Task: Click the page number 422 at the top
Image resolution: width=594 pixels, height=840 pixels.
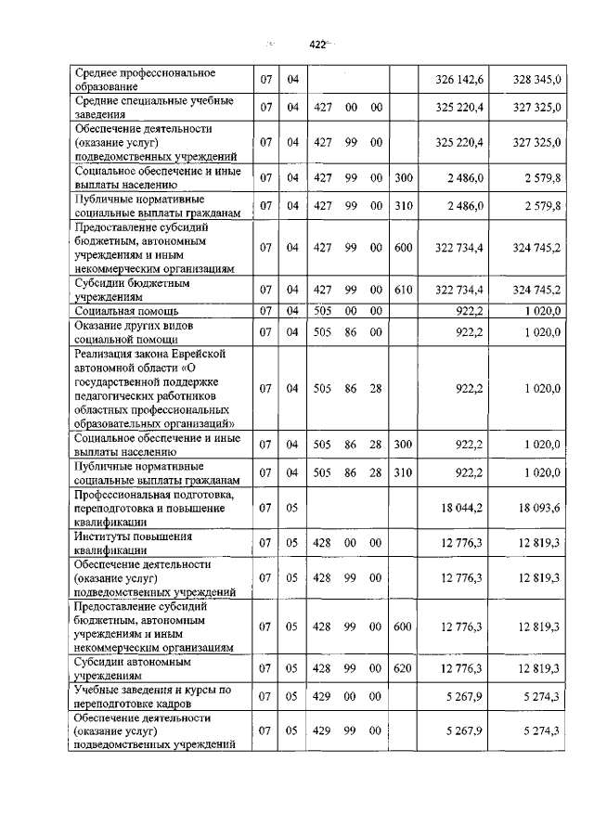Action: coord(317,44)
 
